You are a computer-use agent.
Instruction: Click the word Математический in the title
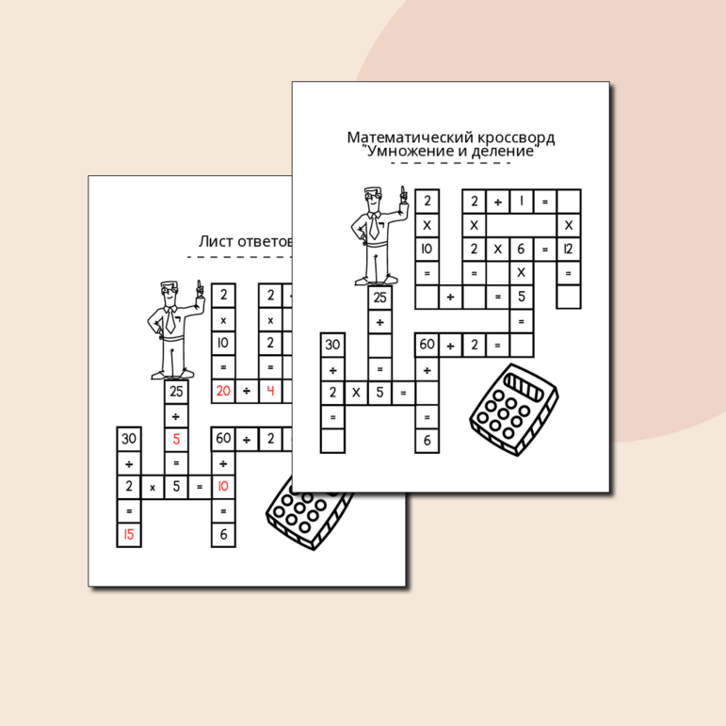(x=410, y=137)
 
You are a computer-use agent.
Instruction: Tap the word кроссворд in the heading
(x=516, y=138)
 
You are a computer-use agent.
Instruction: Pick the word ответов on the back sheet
(x=265, y=242)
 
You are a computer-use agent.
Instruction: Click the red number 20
(x=223, y=391)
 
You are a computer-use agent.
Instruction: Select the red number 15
(x=129, y=534)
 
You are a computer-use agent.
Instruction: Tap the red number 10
(x=223, y=486)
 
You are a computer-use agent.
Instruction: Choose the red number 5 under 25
(x=176, y=439)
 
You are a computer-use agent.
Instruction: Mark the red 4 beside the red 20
(x=270, y=391)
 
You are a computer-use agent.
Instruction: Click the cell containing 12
(x=569, y=250)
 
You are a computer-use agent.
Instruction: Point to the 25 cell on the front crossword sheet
(x=379, y=298)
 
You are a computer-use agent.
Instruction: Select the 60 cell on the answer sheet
(x=223, y=439)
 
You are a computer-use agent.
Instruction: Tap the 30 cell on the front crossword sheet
(x=332, y=345)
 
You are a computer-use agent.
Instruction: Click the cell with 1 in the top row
(x=522, y=202)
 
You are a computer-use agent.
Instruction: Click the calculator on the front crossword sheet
(x=514, y=410)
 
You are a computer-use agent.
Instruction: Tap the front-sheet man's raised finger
(x=403, y=193)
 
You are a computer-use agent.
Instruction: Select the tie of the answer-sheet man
(x=169, y=320)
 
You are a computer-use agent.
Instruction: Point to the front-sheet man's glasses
(x=373, y=196)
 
